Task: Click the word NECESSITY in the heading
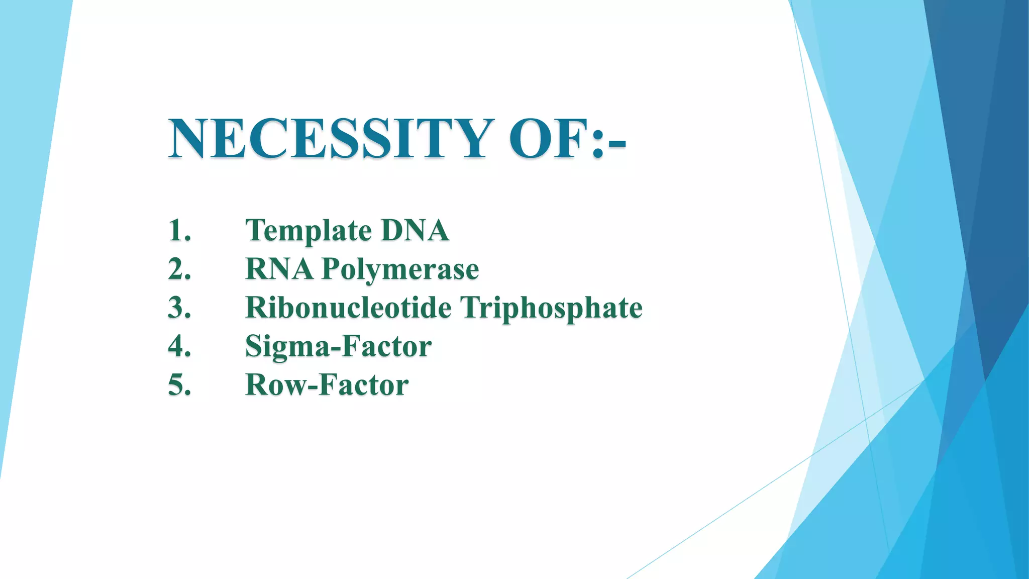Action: (x=329, y=138)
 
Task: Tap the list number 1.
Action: (x=179, y=231)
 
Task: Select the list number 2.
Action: (x=179, y=269)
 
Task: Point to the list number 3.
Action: (x=179, y=308)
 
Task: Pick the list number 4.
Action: (x=179, y=346)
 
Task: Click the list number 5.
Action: (x=179, y=385)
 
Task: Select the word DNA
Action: (x=415, y=231)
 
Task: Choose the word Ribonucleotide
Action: (x=348, y=308)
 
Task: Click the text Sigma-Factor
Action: (x=338, y=347)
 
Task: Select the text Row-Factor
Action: (x=327, y=385)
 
